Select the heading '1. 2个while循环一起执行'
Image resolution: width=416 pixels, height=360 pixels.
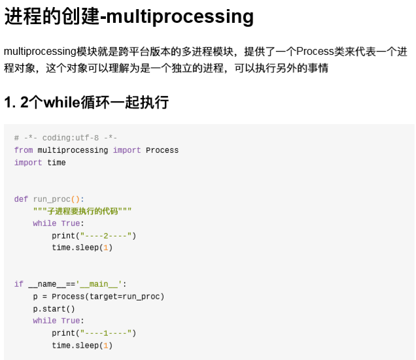(x=86, y=103)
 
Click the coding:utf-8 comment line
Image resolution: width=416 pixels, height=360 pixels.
(x=65, y=138)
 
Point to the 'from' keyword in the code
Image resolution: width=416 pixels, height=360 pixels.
(x=24, y=150)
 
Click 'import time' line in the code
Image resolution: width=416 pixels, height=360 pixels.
(x=40, y=163)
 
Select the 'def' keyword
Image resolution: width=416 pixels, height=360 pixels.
(x=21, y=199)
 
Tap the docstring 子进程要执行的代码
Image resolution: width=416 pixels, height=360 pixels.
(x=82, y=211)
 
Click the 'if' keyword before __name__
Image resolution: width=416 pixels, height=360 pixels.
(x=18, y=284)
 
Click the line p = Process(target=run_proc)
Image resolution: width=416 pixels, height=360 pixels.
(x=99, y=297)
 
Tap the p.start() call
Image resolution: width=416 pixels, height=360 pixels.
(x=54, y=309)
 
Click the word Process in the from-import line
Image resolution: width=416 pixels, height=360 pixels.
(x=162, y=150)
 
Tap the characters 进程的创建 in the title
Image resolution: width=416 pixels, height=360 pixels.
(x=52, y=16)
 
